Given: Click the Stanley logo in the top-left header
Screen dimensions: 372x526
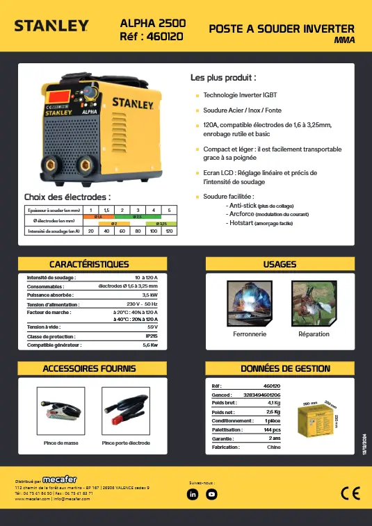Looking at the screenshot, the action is click(52, 26).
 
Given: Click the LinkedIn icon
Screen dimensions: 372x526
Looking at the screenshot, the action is click(193, 494).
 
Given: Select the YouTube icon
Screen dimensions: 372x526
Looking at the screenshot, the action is click(212, 494).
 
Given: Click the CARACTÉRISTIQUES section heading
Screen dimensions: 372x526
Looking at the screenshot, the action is click(89, 264).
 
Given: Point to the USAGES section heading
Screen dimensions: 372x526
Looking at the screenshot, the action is click(280, 264).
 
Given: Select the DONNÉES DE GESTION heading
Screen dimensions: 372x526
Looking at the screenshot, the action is click(280, 368).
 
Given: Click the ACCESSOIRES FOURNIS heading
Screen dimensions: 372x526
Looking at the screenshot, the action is click(89, 368).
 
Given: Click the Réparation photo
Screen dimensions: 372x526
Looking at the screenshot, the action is click(314, 304).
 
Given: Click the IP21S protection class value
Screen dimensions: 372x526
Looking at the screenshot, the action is click(150, 336).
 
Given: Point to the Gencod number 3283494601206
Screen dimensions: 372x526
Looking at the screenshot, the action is click(261, 395).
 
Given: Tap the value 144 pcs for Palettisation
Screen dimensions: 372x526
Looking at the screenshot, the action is click(271, 430).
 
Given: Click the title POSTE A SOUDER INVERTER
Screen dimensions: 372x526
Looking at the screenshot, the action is click(282, 28).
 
